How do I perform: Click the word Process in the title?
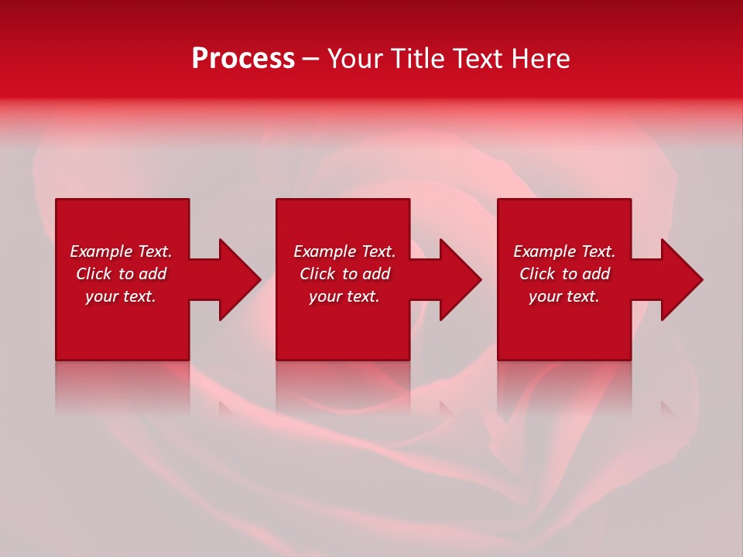click(x=243, y=59)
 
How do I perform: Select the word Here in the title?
click(x=541, y=59)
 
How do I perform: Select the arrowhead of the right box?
click(x=680, y=279)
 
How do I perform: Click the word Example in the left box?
click(x=100, y=251)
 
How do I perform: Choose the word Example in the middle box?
click(x=324, y=251)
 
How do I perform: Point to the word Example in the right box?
click(x=543, y=251)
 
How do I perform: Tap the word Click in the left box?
click(x=94, y=274)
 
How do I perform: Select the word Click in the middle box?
click(x=317, y=274)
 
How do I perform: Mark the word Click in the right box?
click(x=537, y=274)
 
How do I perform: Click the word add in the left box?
click(x=152, y=274)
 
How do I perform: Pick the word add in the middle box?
click(x=376, y=274)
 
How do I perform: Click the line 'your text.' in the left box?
click(x=121, y=296)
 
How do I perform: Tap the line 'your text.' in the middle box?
click(x=344, y=296)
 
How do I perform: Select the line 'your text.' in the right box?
click(x=564, y=296)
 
